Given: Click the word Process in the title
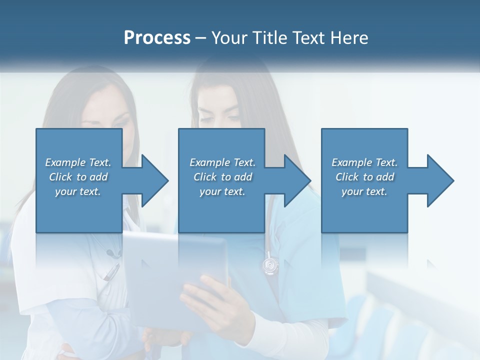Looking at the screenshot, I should point(157,38).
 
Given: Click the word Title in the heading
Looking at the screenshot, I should point(269,38).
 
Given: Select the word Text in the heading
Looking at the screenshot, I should point(309,38).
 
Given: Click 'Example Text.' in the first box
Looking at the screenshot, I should point(78,162).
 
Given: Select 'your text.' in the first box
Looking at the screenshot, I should point(78,191).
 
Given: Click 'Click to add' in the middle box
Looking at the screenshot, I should point(222,177).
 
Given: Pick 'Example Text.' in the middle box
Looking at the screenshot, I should point(222,162).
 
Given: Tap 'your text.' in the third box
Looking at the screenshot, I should point(364,191).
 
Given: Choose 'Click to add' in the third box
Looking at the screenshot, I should point(364,177).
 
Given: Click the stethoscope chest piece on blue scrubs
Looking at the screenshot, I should point(270,264).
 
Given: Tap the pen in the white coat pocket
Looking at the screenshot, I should point(110,272).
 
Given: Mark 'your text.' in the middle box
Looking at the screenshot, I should point(222,191).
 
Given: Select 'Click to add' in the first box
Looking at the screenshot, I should point(78,177).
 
